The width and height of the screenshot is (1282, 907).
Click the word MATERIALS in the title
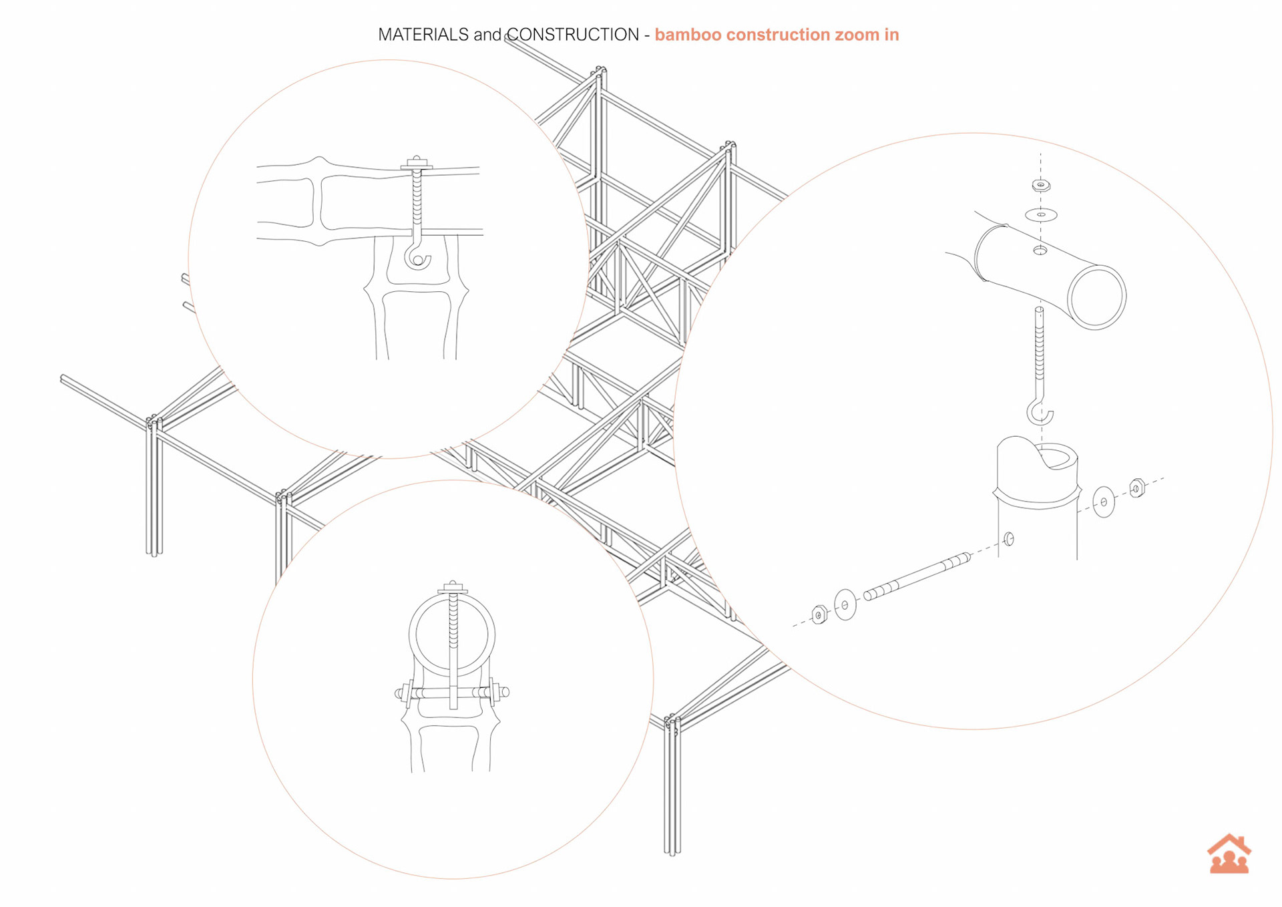(423, 35)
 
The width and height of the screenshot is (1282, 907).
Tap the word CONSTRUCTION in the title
(573, 35)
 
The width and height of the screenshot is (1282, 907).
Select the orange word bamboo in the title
(688, 35)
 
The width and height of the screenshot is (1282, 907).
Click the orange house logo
(1229, 854)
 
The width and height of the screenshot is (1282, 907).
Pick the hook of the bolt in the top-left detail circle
(417, 258)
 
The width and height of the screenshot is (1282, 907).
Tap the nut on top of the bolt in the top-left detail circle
(417, 161)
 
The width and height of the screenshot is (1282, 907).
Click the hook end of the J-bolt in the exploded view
(1040, 413)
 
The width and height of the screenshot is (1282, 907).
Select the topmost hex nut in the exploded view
(1041, 185)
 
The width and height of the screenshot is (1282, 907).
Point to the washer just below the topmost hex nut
(1041, 214)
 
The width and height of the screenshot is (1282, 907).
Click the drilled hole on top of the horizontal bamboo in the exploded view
(1040, 250)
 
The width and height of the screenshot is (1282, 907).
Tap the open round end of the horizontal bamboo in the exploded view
(1096, 297)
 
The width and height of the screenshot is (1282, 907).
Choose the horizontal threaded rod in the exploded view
(917, 575)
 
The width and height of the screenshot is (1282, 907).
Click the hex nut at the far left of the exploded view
(819, 614)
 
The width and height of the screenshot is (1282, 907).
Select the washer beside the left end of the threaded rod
(845, 604)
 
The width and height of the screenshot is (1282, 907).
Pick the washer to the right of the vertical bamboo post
(1103, 502)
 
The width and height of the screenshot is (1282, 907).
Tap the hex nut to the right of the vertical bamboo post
(1137, 488)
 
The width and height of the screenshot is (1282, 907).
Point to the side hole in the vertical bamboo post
(1009, 538)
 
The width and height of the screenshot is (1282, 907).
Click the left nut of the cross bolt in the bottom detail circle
(406, 694)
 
